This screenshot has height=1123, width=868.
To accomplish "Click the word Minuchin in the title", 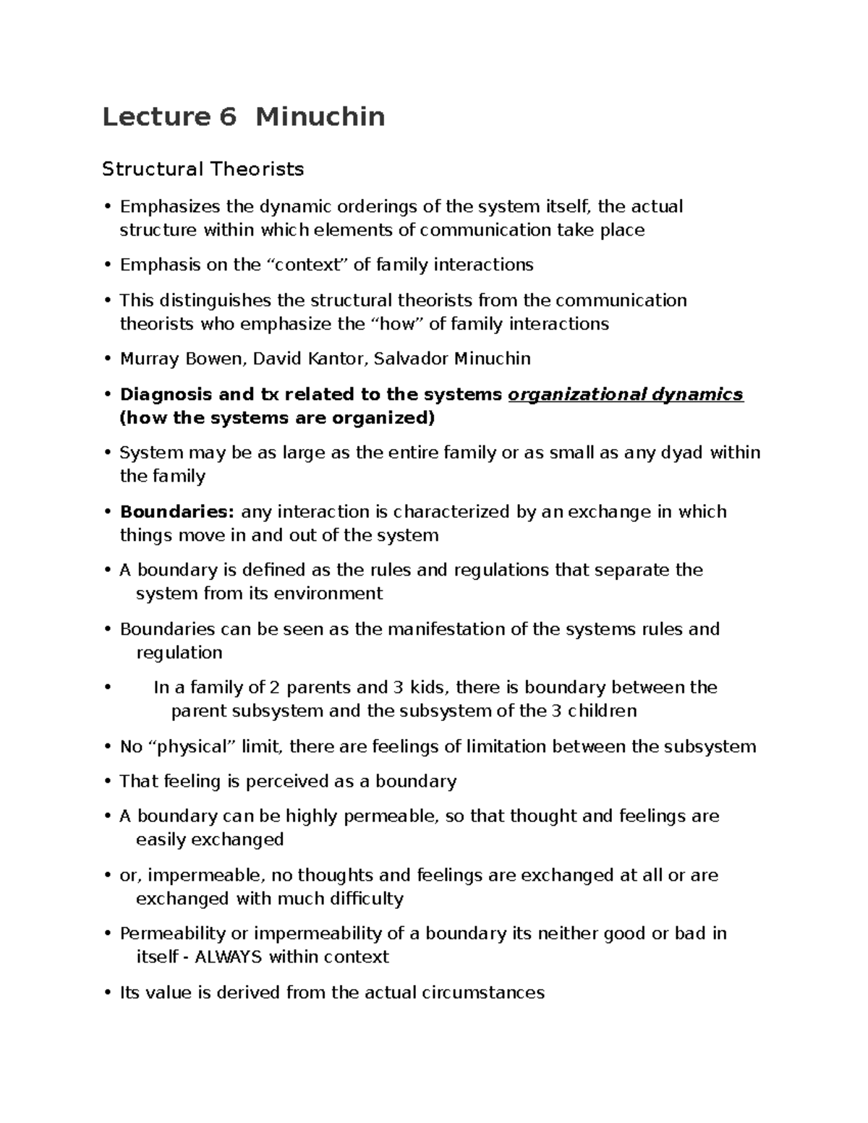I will click(x=320, y=116).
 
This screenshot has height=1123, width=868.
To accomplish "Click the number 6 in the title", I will click(x=226, y=116).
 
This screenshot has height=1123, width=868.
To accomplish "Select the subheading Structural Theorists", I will click(x=203, y=169).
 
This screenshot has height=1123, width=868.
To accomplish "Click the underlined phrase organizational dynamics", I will click(x=626, y=394).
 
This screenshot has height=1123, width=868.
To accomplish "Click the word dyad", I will click(x=682, y=453).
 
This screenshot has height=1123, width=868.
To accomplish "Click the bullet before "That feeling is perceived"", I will click(x=107, y=782).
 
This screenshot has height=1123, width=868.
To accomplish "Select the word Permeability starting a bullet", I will click(x=172, y=934).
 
